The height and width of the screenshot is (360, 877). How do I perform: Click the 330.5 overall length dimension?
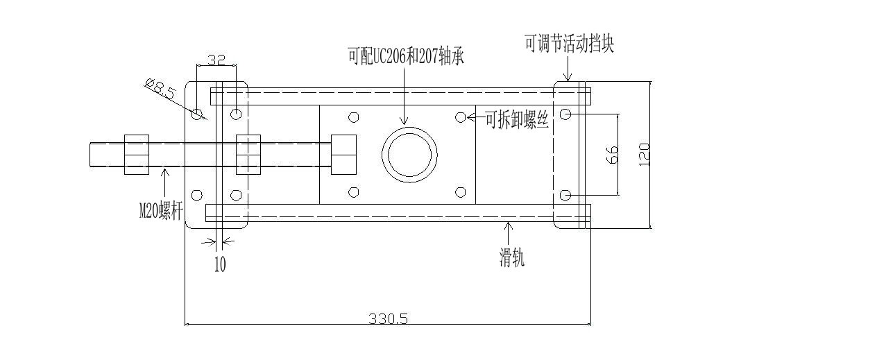tap(388, 318)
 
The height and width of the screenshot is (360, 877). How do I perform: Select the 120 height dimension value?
tap(644, 154)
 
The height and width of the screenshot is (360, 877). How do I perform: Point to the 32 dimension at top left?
tap(216, 60)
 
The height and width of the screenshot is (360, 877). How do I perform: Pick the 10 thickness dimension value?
tap(220, 264)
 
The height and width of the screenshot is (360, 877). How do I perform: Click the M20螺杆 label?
tap(160, 210)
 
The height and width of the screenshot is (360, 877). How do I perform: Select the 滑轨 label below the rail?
tap(512, 259)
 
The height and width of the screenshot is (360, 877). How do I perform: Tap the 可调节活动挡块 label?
tap(569, 45)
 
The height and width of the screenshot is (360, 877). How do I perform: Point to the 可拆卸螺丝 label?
tap(517, 121)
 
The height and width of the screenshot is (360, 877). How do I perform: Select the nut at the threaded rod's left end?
tap(137, 154)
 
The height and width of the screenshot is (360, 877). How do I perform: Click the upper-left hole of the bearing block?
tap(354, 117)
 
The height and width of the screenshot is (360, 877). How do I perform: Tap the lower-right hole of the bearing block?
tap(460, 192)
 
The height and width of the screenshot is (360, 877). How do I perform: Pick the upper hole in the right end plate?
tap(565, 114)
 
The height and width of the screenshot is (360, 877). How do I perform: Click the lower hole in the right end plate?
tap(565, 194)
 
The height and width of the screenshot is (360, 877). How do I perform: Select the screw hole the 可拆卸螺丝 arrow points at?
tap(460, 117)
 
